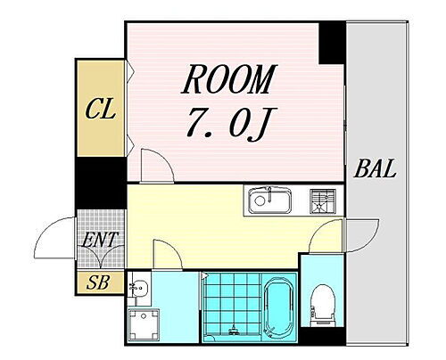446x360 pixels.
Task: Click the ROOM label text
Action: (228, 82)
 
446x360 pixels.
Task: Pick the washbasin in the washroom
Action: (139, 289)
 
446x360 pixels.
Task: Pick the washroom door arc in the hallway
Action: (166, 253)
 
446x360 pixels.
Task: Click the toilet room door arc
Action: (330, 239)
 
